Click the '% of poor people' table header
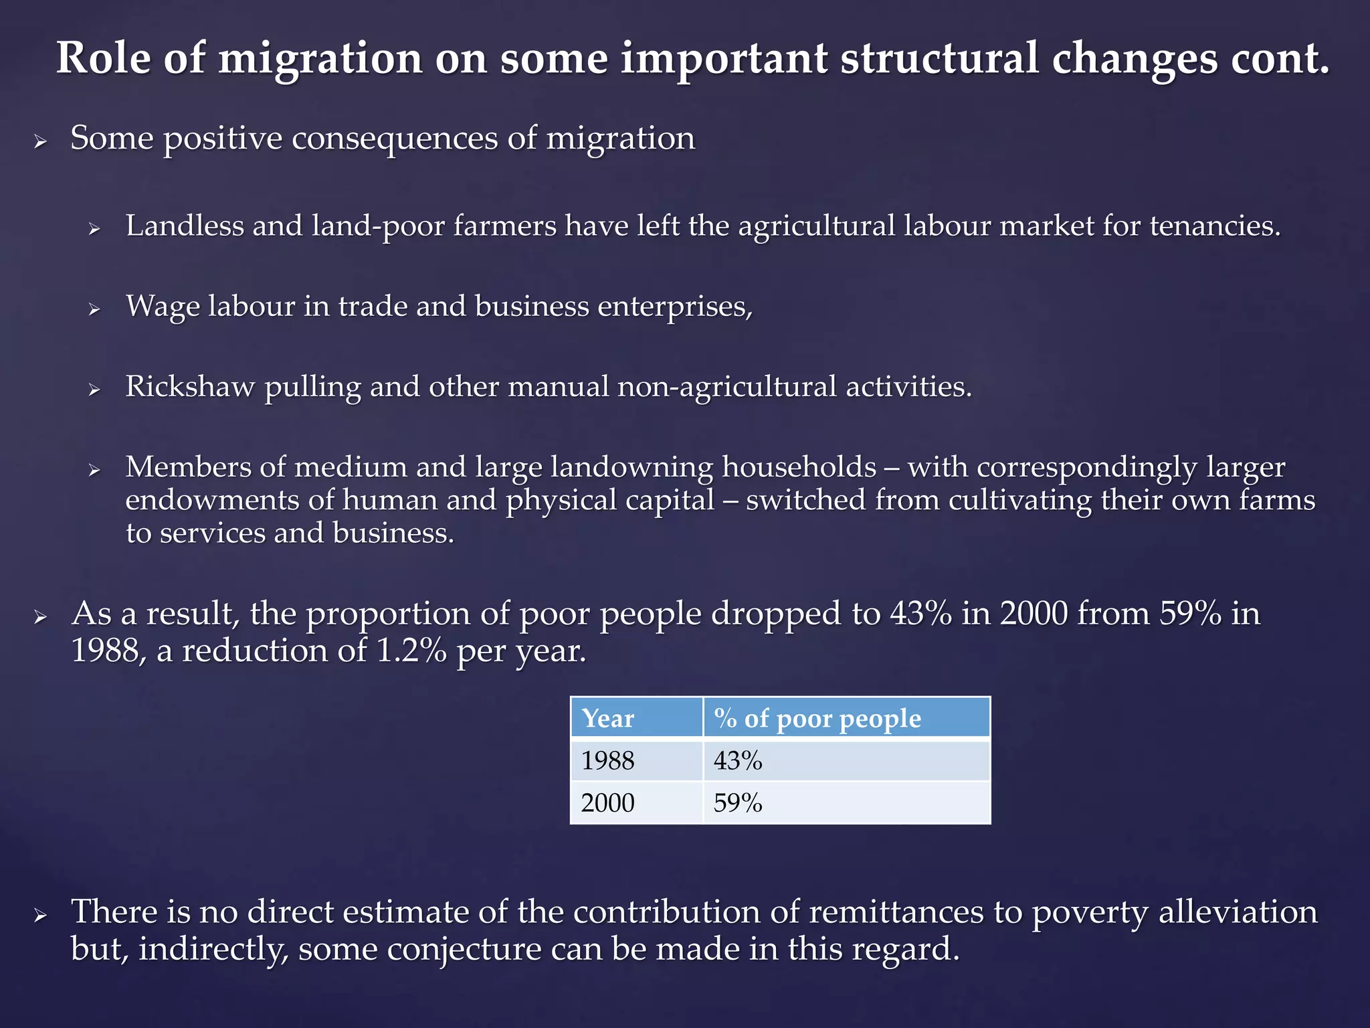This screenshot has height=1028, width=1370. (x=817, y=718)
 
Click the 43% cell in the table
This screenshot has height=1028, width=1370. (x=738, y=761)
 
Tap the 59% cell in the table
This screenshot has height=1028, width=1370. (x=738, y=802)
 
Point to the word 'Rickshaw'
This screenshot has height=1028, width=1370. (x=190, y=387)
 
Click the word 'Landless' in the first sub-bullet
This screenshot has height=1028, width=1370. (x=185, y=226)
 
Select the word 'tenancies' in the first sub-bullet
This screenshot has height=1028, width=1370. (x=1215, y=226)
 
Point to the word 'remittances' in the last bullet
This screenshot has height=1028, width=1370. (x=896, y=912)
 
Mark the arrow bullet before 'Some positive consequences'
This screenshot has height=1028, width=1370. (x=40, y=142)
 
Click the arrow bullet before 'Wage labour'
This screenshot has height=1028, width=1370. (x=94, y=309)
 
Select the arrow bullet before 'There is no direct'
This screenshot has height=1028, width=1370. (x=40, y=916)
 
